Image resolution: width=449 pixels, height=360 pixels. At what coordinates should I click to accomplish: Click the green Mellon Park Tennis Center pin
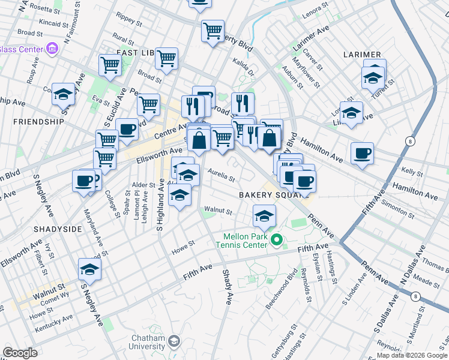coord(276,241)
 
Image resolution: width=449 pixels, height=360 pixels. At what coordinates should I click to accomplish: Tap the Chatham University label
coord(148,343)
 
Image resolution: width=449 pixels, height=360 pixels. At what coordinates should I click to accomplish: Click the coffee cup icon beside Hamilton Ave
coord(362,153)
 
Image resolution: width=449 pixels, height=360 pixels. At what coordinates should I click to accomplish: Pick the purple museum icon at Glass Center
coord(52,48)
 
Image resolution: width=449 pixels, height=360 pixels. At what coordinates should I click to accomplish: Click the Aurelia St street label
coord(221,176)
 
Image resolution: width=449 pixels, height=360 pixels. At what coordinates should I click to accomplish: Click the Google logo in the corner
coord(20,353)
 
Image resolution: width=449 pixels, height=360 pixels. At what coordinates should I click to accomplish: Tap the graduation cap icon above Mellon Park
coord(264,215)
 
